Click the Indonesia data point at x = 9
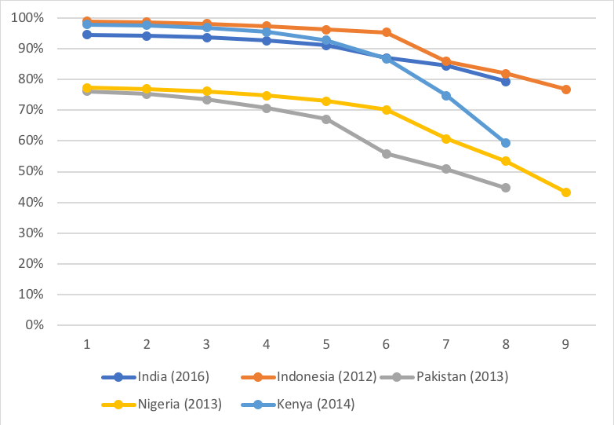point(565,90)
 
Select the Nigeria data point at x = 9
point(565,192)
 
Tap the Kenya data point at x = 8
point(506,143)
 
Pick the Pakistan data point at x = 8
point(506,188)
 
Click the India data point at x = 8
point(506,82)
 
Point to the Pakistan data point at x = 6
point(386,154)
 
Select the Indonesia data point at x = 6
point(386,32)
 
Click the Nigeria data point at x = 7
point(446,139)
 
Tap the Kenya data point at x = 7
point(446,96)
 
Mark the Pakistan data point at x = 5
point(326,119)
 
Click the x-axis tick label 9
point(565,344)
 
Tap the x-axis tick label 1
point(87,344)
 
